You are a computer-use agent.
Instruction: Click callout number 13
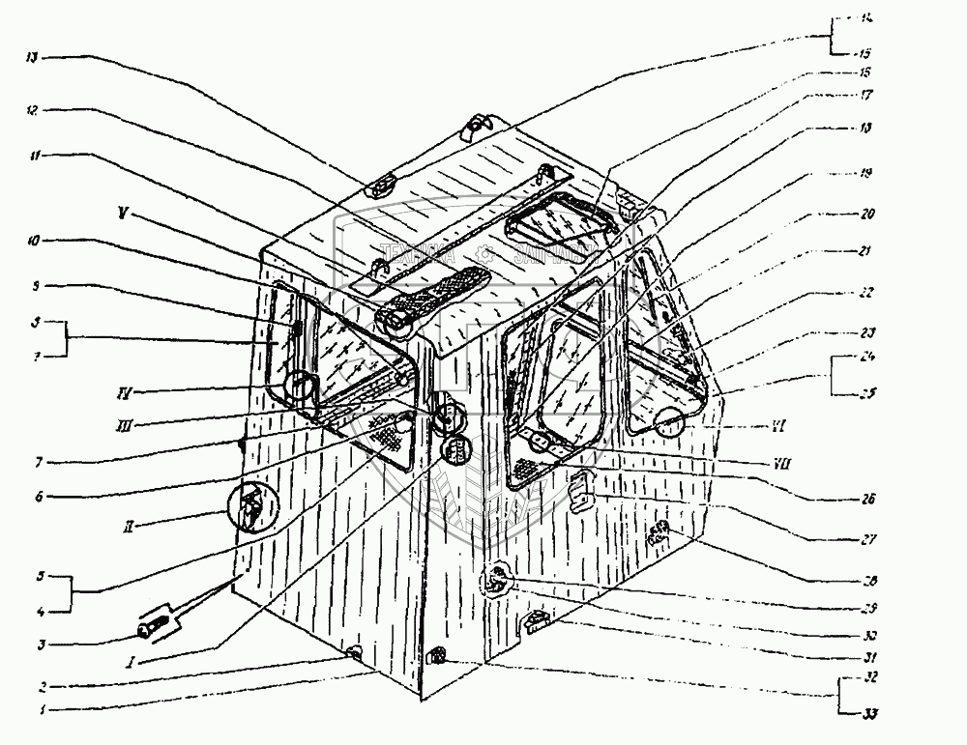(32, 58)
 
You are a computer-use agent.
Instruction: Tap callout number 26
(866, 500)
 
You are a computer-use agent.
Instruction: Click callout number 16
(864, 72)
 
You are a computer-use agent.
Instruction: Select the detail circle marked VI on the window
(669, 421)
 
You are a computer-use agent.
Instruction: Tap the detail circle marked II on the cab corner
(249, 505)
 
